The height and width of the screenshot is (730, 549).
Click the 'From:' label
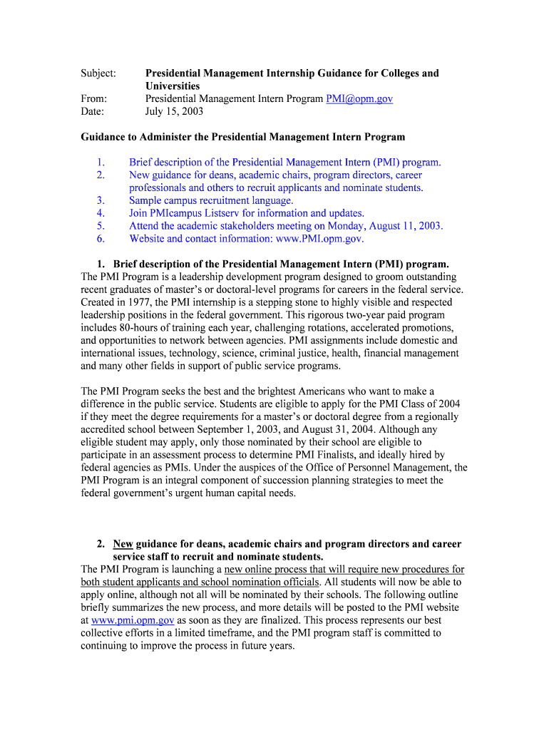94,99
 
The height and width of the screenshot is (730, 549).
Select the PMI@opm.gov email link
359,99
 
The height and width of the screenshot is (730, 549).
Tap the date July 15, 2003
174,112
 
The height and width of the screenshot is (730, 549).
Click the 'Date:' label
93,112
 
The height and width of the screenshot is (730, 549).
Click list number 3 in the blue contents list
101,200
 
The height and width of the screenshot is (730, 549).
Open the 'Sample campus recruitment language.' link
211,200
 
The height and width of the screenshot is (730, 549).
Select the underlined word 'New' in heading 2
123,544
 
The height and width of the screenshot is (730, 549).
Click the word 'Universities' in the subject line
173,86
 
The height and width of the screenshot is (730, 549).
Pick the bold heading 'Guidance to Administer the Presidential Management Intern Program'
242,137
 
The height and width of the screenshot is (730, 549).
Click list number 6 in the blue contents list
101,239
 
